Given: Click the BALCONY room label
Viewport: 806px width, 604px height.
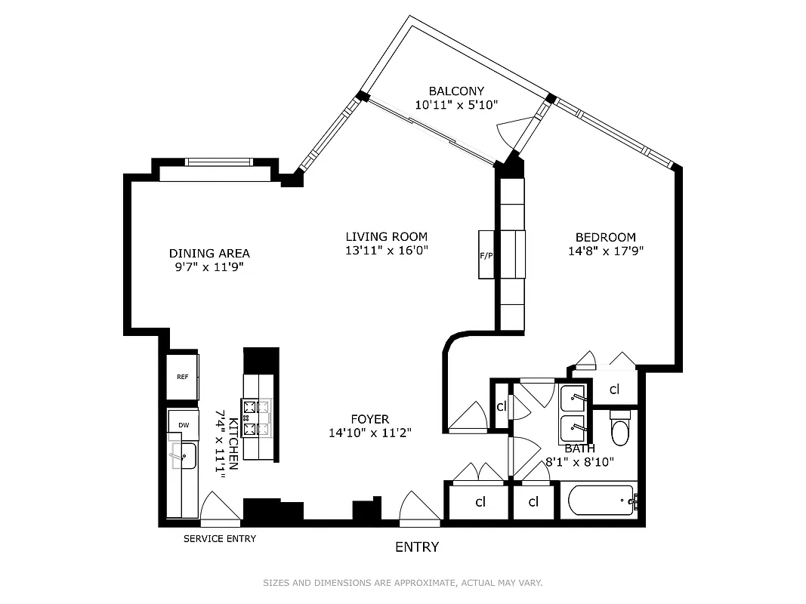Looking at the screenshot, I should point(455,91).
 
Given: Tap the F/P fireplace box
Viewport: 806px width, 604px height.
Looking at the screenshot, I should point(486,255).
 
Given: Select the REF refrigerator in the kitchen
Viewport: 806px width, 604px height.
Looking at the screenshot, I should point(183,376).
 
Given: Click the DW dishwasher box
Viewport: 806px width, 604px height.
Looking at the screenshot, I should point(183,425).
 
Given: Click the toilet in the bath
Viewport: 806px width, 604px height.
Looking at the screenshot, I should point(619,428).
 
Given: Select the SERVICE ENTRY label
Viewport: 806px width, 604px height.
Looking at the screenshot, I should point(220,539).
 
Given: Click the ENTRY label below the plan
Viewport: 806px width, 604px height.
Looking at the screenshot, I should point(417,547).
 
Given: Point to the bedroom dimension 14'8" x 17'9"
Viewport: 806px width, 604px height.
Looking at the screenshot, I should point(605,251).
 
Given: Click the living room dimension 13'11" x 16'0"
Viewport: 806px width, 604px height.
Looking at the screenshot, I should point(387,250).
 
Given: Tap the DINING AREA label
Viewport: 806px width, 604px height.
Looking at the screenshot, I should point(209,254).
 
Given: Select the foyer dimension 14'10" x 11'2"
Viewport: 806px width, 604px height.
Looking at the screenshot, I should point(369,433).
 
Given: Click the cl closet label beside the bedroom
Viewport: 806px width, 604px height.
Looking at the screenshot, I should point(614,390).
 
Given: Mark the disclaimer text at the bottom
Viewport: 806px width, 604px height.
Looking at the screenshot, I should point(403,583).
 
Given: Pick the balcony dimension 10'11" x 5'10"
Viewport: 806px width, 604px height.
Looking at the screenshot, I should point(455,105).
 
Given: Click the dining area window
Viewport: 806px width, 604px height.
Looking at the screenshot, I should point(219,162).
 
